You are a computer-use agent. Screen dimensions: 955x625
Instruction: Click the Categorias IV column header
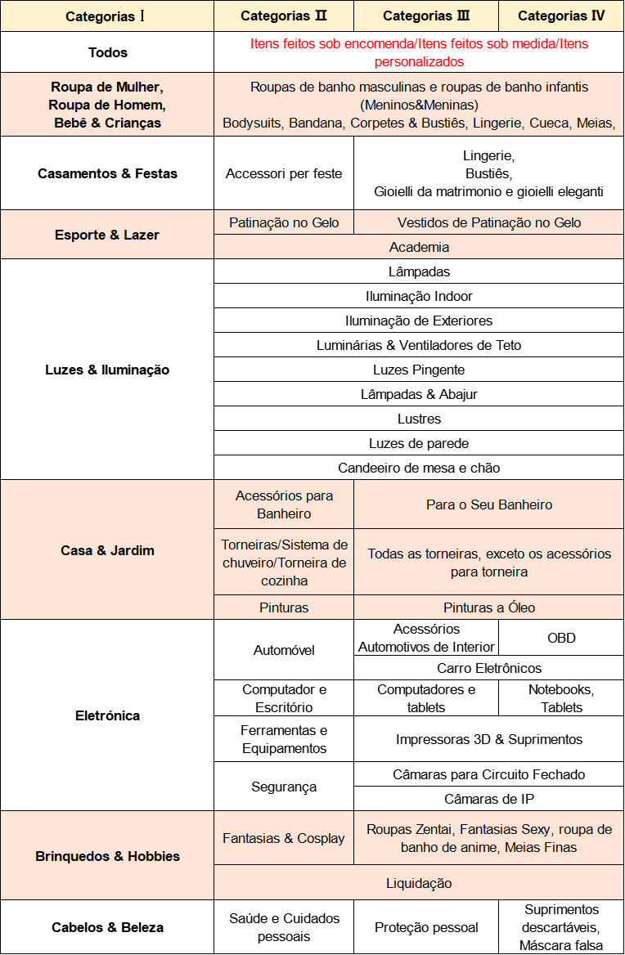[561, 16]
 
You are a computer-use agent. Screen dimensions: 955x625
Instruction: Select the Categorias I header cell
[106, 16]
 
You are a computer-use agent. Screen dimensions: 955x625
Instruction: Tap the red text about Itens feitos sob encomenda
[419, 52]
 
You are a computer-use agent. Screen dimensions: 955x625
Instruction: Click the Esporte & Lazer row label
[106, 235]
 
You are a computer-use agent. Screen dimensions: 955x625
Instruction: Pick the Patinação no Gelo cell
[284, 222]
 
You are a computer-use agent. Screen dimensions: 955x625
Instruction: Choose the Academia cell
[419, 247]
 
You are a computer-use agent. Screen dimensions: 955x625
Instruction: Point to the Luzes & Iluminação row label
[106, 370]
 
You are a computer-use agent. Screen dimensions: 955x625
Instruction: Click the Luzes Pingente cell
[419, 370]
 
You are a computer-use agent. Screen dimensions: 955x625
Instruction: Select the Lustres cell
[419, 419]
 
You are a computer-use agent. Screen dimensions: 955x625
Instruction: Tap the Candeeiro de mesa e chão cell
[419, 468]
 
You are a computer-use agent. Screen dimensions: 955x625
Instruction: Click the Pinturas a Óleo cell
[489, 608]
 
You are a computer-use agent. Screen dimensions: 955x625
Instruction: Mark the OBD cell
[561, 638]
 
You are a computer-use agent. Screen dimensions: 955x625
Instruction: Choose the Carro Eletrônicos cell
[489, 668]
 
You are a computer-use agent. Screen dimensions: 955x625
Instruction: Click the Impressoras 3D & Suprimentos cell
[489, 739]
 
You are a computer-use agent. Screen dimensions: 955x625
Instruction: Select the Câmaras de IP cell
[489, 799]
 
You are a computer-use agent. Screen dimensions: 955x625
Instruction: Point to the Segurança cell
[284, 787]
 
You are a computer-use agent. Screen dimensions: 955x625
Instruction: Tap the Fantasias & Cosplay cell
[284, 838]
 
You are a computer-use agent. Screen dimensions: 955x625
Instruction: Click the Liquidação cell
[419, 883]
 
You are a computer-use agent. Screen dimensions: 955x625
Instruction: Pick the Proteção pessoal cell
[426, 927]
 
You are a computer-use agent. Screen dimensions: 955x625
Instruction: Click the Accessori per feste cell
[284, 173]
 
